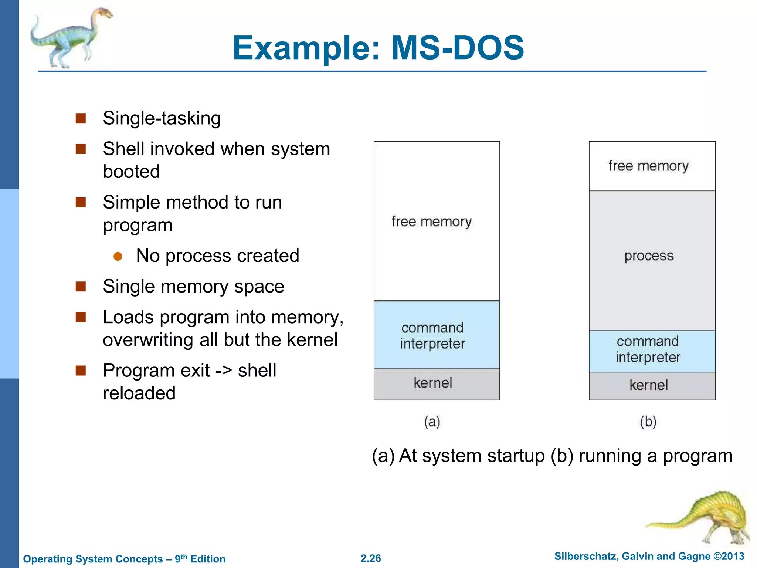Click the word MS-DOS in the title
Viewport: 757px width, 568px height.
[x=457, y=48]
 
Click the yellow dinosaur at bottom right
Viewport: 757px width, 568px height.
[x=710, y=518]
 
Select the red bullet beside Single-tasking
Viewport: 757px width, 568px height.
[x=81, y=118]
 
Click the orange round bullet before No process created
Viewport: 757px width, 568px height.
[x=118, y=256]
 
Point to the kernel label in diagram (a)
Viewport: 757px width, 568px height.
[x=433, y=383]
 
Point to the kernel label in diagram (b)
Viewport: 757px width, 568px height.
[x=649, y=385]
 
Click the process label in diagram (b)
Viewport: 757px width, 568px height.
[x=649, y=256]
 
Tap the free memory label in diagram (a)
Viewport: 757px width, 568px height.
[x=432, y=222]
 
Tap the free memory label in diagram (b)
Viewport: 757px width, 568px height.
[x=649, y=166]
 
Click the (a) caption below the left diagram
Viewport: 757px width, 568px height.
[x=432, y=422]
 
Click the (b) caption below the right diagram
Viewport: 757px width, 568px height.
[x=648, y=422]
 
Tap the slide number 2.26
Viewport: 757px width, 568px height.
[x=371, y=558]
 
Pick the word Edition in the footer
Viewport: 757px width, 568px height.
[x=208, y=559]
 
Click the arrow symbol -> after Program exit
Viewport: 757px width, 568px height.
[x=224, y=371]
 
